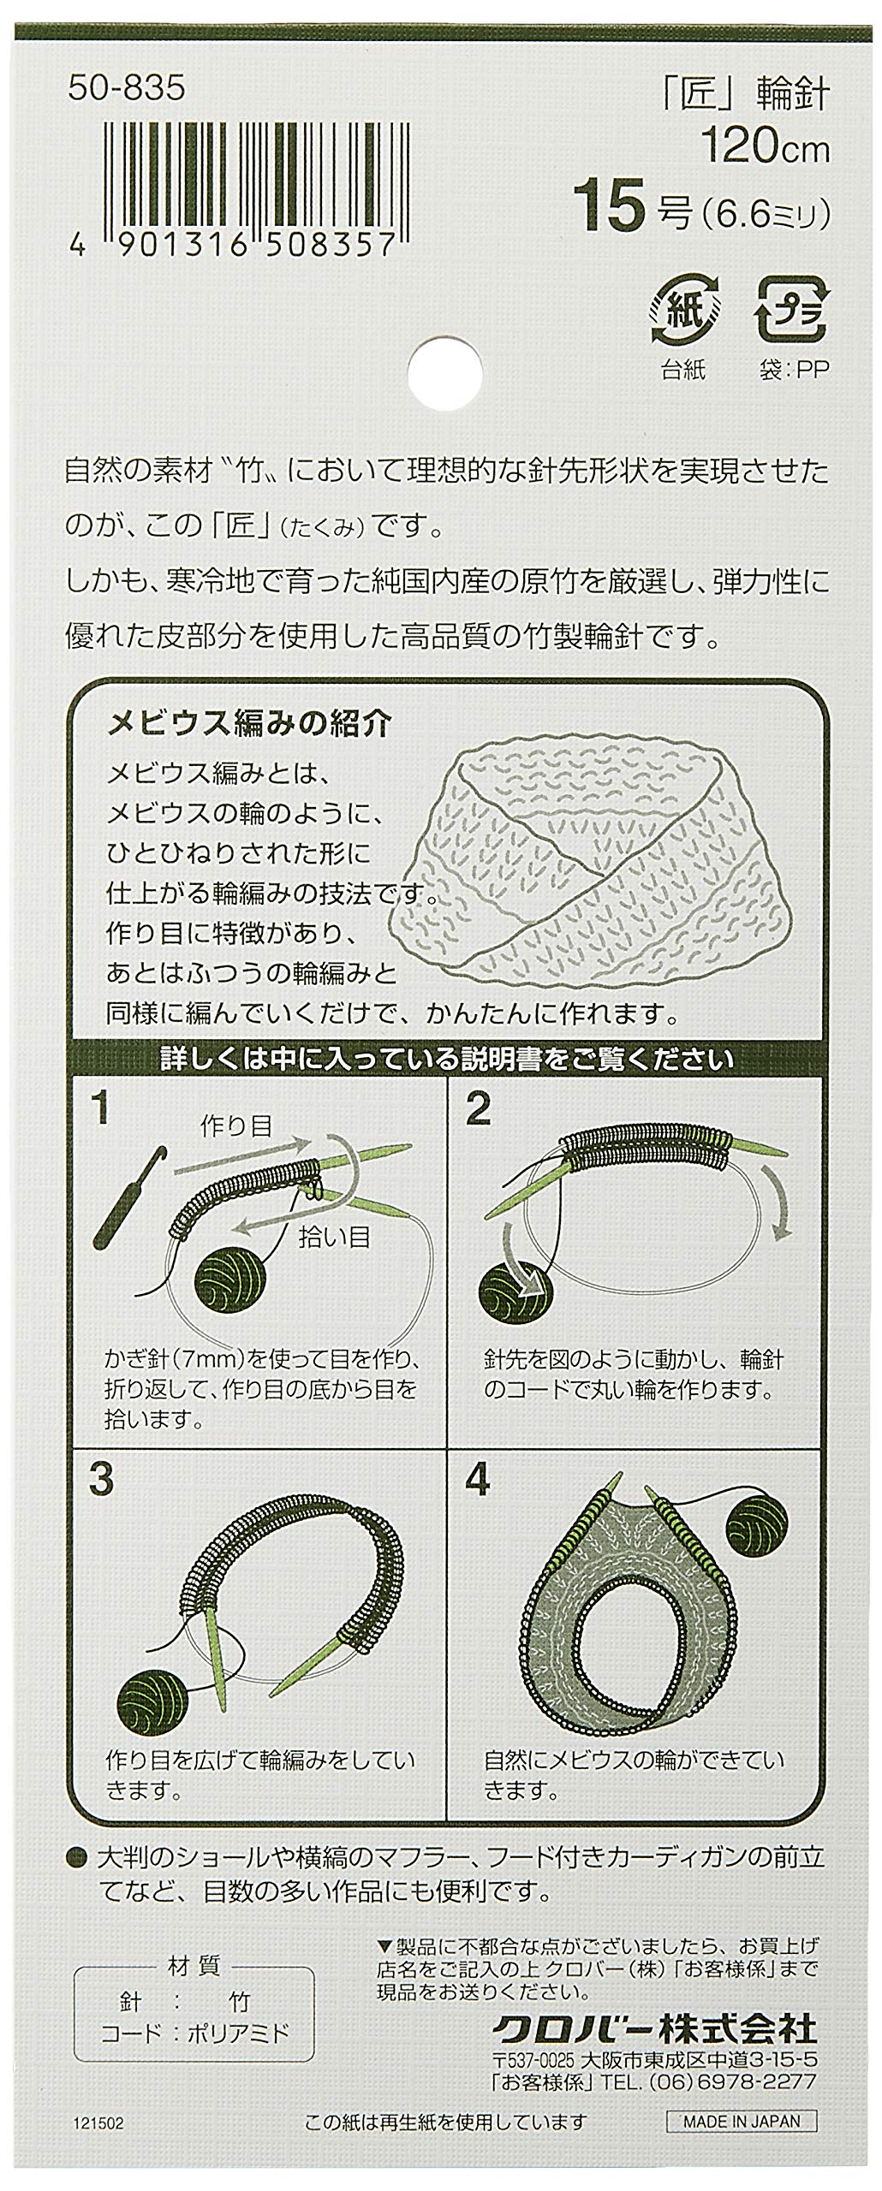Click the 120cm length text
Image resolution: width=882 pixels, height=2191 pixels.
coord(766,151)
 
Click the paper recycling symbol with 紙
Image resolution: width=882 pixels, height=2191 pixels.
coord(682,308)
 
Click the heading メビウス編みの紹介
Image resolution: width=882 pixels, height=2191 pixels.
coord(249,725)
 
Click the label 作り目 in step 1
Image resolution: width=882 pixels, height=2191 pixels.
coord(235,1126)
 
